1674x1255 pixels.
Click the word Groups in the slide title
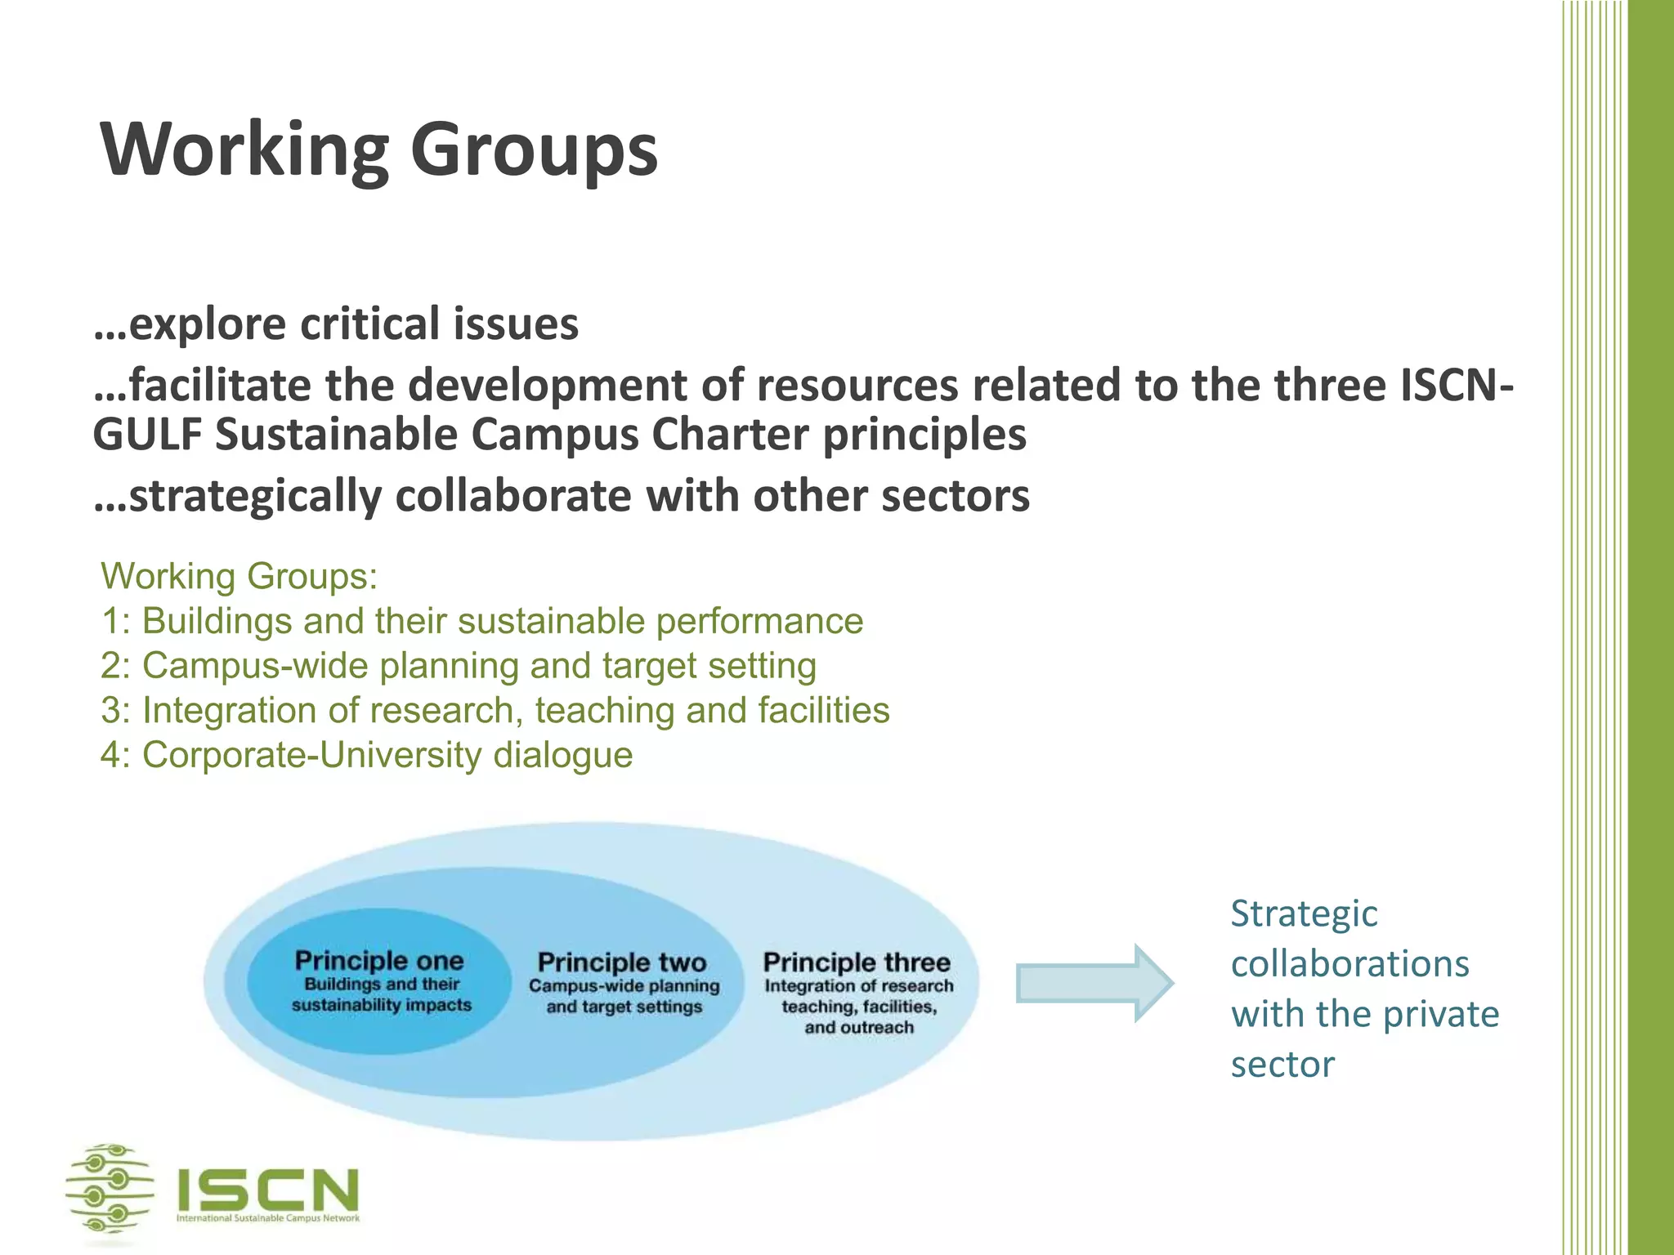(533, 151)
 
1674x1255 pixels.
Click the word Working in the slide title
(244, 151)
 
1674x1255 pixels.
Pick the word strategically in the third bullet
(255, 496)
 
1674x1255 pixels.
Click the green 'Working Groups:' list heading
(239, 577)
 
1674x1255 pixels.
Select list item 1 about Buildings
(481, 621)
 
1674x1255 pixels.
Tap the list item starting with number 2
(458, 666)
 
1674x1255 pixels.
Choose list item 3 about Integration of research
(495, 710)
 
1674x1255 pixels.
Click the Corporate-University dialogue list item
(366, 755)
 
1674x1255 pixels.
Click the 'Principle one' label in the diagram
(379, 961)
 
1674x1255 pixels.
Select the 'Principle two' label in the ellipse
(622, 962)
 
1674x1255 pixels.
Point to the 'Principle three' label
(857, 962)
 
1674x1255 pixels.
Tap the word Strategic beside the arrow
(1304, 914)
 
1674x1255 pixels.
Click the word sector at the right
(1282, 1065)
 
